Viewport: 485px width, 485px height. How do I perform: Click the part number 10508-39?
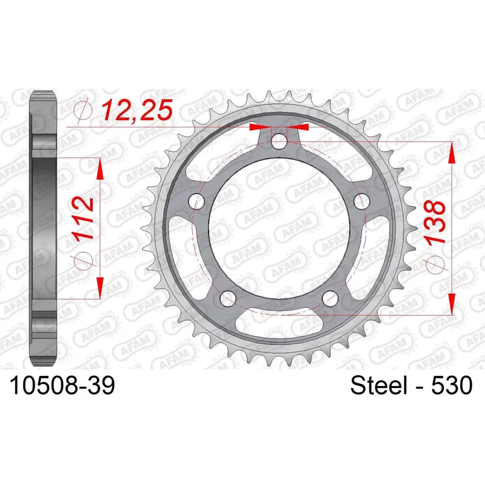click(62, 385)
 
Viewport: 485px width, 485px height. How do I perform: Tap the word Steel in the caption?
click(379, 385)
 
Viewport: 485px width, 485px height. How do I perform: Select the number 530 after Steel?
click(452, 385)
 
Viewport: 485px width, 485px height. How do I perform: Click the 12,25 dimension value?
click(137, 110)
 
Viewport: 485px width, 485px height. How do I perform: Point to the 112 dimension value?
click(83, 218)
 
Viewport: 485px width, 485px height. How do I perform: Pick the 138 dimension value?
click(435, 222)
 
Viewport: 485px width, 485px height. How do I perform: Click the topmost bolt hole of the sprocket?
click(279, 141)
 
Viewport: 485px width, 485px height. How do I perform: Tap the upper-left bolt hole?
click(196, 202)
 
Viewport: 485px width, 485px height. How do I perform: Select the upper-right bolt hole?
click(362, 202)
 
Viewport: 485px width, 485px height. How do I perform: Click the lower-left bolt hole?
click(228, 298)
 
